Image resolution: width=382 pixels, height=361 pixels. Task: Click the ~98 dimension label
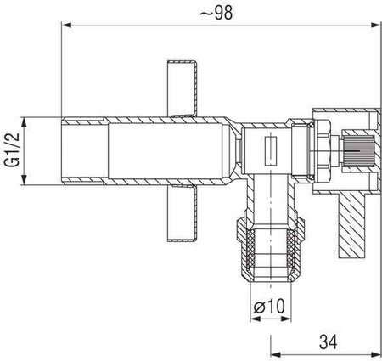[x=216, y=13]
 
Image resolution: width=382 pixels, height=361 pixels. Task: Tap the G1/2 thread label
[x=12, y=149]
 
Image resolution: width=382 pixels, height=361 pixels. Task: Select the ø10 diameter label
[x=269, y=306]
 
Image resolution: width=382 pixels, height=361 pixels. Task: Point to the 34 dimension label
[x=329, y=341]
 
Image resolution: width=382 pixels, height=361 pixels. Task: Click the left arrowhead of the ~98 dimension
[x=66, y=25]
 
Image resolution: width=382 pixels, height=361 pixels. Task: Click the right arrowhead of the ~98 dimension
[x=376, y=25]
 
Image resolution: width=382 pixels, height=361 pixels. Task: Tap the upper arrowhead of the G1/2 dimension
[x=24, y=121]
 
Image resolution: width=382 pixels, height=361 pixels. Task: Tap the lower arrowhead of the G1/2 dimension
[x=24, y=180]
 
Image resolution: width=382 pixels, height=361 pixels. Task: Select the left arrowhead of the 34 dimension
[x=276, y=354]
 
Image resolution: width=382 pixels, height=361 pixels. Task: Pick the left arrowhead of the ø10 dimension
[x=256, y=319]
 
